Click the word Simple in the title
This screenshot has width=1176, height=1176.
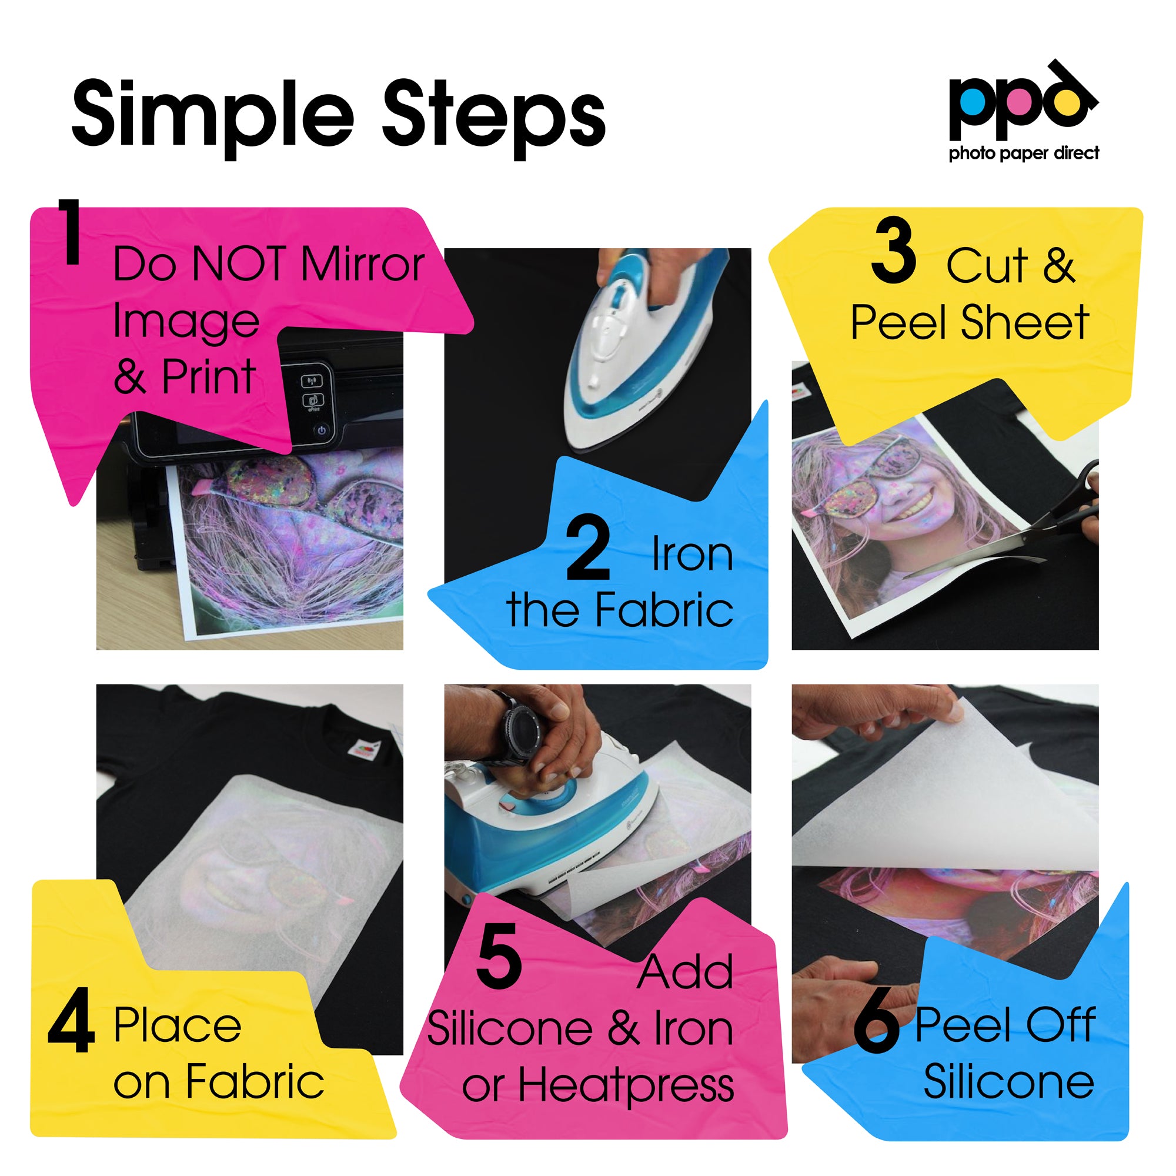tap(213, 116)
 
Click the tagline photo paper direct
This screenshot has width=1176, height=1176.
tap(1024, 153)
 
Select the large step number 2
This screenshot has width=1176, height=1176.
tap(587, 548)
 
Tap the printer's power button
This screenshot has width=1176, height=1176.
tap(322, 430)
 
